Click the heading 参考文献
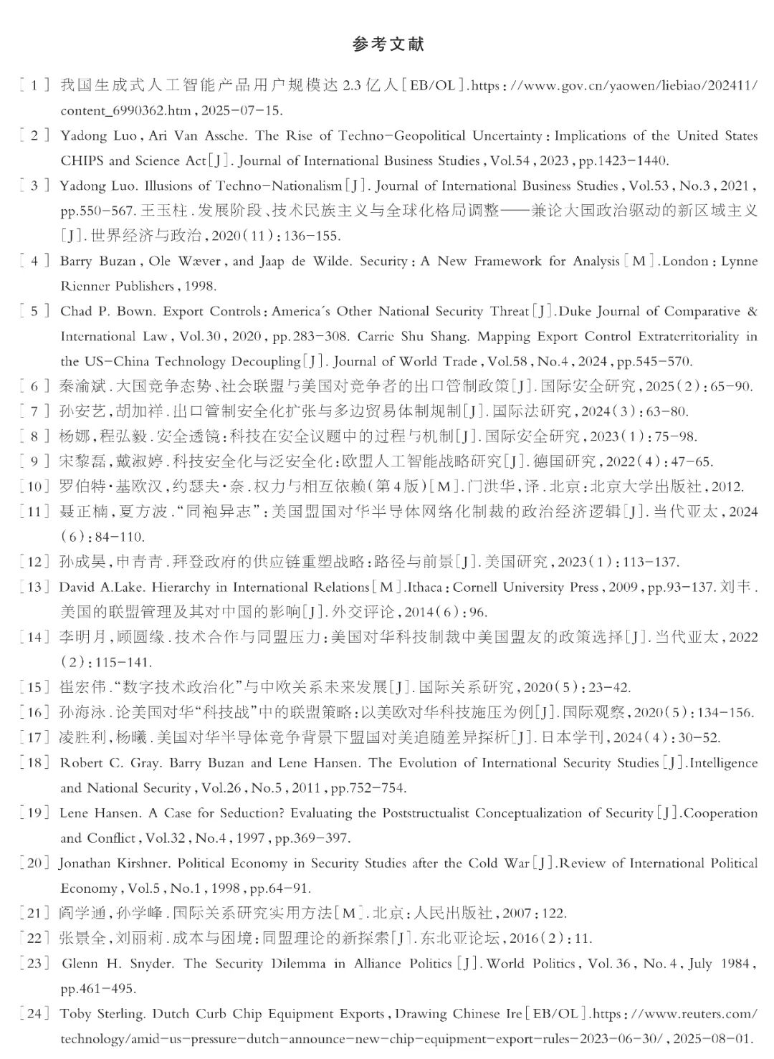[x=388, y=44]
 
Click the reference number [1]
[x=34, y=86]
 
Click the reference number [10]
[x=34, y=487]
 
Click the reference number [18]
[x=34, y=763]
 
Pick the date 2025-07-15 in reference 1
[x=242, y=111]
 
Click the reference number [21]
[x=34, y=914]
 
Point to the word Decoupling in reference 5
[x=264, y=362]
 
